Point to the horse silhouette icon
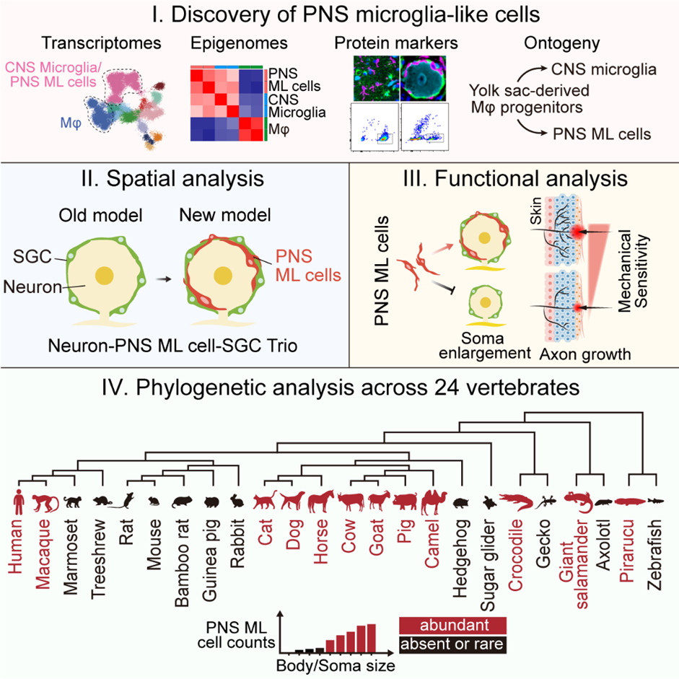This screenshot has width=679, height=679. [x=319, y=499]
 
